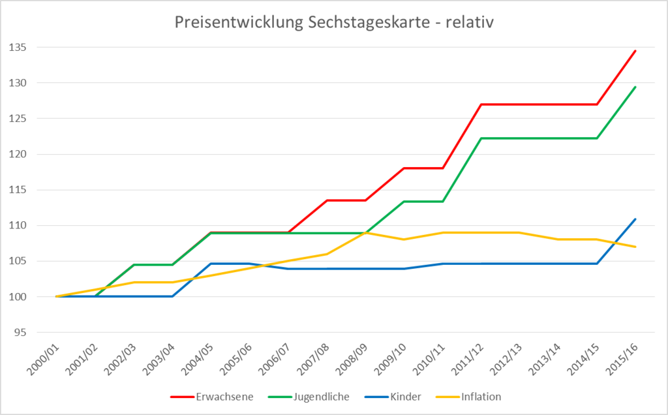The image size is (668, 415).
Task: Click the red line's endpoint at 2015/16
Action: [x=635, y=51]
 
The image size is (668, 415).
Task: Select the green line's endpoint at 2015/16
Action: [x=635, y=87]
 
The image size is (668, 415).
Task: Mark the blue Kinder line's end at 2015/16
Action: [x=635, y=219]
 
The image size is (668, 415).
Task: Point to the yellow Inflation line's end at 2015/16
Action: [x=635, y=247]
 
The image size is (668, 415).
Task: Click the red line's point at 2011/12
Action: [x=481, y=104]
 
